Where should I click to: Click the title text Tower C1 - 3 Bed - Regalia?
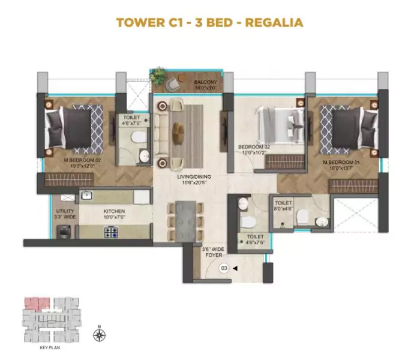pyautogui.click(x=209, y=23)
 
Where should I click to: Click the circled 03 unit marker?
pyautogui.click(x=224, y=268)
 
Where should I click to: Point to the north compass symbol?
pyautogui.click(x=99, y=334)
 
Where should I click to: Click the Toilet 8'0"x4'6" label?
pyautogui.click(x=283, y=206)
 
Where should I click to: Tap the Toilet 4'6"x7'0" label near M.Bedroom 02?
pyautogui.click(x=132, y=121)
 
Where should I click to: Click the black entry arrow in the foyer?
pyautogui.click(x=235, y=268)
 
